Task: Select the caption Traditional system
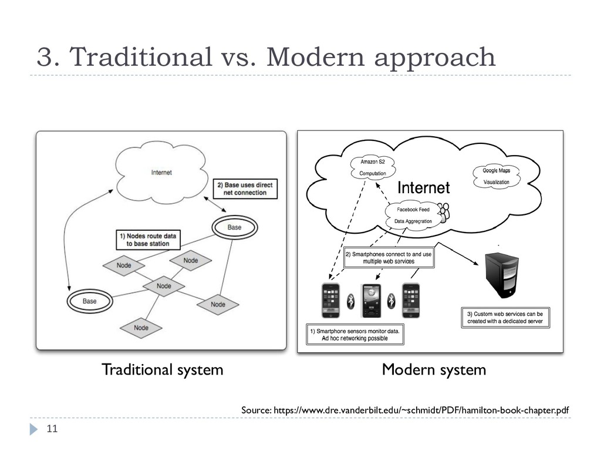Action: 162,370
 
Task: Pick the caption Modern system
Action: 434,370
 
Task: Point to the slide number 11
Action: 52,430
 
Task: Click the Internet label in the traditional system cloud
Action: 161,173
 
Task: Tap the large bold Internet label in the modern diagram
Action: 424,188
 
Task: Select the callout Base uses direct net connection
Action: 245,189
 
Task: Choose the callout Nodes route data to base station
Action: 147,240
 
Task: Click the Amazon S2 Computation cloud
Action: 373,167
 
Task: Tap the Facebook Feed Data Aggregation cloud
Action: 413,215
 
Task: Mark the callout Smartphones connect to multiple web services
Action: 388,258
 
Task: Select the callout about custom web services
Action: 505,318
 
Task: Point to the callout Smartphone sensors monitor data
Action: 354,335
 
